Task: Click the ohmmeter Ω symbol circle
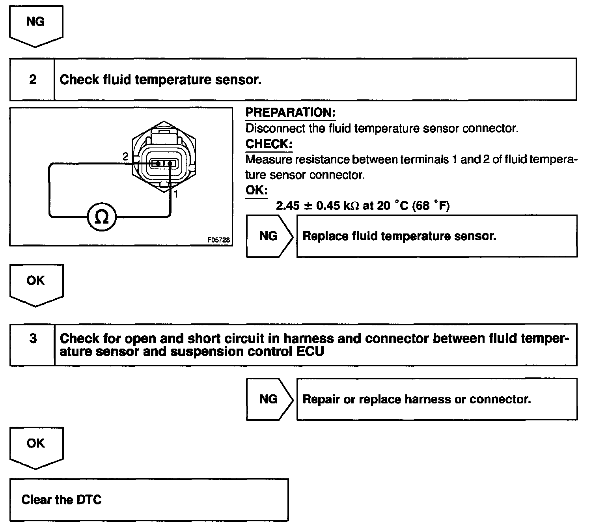click(102, 216)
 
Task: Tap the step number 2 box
click(32, 80)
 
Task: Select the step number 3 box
click(33, 339)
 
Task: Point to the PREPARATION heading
click(290, 112)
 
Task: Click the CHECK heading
click(269, 144)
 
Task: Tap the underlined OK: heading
click(256, 190)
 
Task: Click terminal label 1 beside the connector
click(176, 194)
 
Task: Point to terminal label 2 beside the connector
click(125, 157)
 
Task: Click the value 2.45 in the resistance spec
click(288, 206)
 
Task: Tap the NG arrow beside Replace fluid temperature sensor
click(269, 236)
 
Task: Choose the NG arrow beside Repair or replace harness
click(269, 399)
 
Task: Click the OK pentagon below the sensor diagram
click(36, 283)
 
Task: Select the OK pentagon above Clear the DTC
click(36, 446)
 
